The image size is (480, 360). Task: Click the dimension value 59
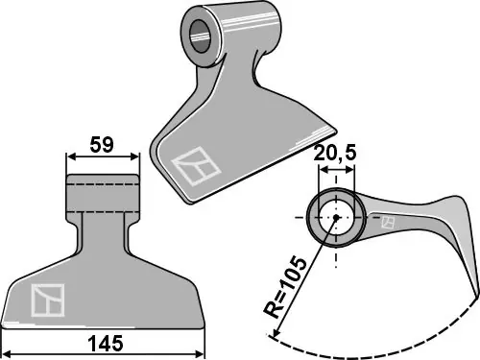pyautogui.click(x=102, y=145)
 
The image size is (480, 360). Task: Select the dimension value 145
pyautogui.click(x=106, y=344)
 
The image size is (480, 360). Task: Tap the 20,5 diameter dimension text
pyautogui.click(x=335, y=153)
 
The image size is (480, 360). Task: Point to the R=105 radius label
pyautogui.click(x=284, y=287)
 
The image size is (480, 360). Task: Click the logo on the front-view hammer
pyautogui.click(x=48, y=300)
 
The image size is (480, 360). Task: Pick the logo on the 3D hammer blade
pyautogui.click(x=196, y=166)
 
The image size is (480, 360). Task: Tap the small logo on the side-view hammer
pyautogui.click(x=388, y=222)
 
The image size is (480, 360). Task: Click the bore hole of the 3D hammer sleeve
pyautogui.click(x=201, y=36)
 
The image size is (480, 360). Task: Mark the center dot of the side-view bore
pyautogui.click(x=336, y=218)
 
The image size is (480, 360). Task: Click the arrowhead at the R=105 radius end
pyautogui.click(x=274, y=333)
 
